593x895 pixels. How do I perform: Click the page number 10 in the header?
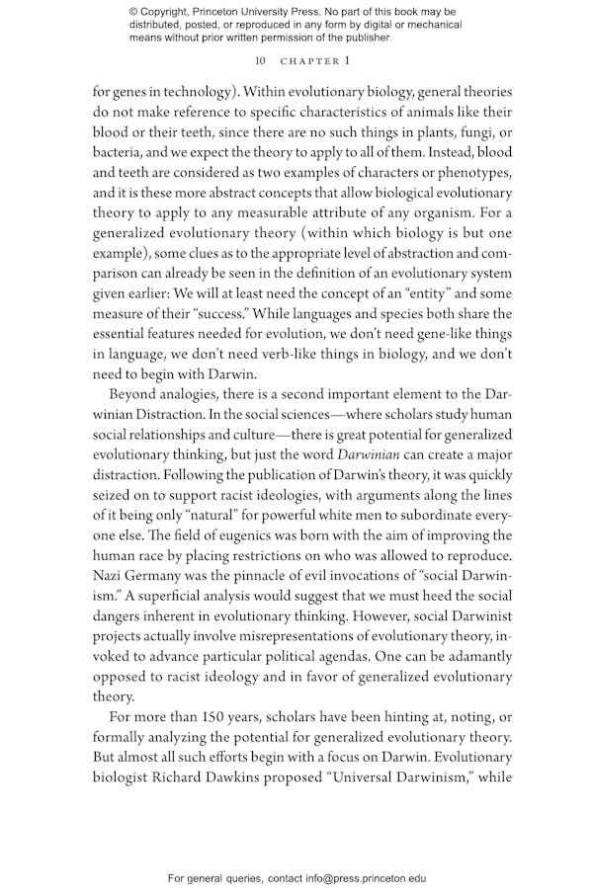(x=260, y=61)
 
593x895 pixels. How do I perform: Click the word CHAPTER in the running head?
(x=310, y=61)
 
